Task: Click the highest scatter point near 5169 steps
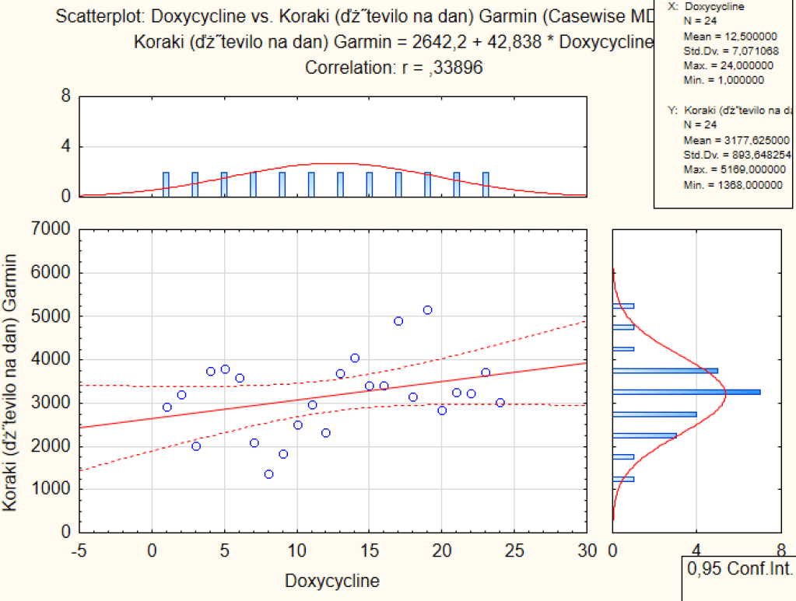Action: pos(427,309)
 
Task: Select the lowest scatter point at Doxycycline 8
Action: pos(268,474)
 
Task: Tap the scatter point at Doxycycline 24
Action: pos(500,403)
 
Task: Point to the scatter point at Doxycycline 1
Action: pos(167,407)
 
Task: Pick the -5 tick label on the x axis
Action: pos(78,551)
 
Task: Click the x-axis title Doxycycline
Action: pos(332,581)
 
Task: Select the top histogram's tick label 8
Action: pos(66,96)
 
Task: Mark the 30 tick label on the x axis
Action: pos(587,551)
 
